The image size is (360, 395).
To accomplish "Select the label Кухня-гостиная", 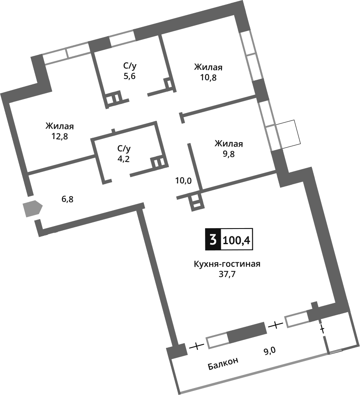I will (227, 264).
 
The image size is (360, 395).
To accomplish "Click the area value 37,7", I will (227, 274).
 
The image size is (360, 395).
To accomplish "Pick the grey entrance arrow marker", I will (33, 209).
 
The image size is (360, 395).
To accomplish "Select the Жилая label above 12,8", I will (62, 126).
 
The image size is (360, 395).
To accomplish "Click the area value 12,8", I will (60, 136).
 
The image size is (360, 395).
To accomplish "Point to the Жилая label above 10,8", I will (208, 67).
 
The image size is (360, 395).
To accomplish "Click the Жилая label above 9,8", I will (229, 144).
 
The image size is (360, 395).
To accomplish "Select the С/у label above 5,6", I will (129, 66).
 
